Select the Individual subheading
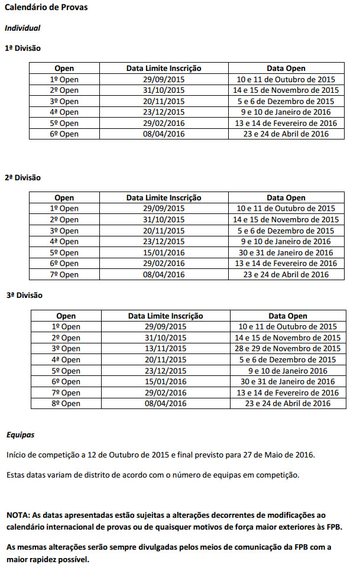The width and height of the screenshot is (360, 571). point(22,28)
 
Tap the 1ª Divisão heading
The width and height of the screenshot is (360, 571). point(22,48)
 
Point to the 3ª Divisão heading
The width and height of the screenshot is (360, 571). point(24,295)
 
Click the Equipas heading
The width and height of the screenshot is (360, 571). point(20,435)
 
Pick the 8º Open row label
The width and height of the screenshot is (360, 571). point(66,404)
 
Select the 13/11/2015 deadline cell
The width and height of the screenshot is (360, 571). point(166,349)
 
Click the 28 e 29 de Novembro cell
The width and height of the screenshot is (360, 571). point(288,349)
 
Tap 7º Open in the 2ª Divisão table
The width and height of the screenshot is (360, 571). point(64,274)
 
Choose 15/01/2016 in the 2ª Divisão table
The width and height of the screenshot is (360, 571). point(164,252)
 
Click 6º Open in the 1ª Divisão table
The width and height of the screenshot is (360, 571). point(64,134)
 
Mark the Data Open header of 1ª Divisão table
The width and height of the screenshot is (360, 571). point(286,69)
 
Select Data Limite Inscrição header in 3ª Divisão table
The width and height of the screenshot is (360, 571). point(166,316)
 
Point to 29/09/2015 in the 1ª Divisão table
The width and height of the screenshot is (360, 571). point(164,79)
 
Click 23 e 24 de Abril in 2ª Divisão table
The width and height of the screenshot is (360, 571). point(286,274)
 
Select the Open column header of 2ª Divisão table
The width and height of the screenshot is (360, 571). point(64,198)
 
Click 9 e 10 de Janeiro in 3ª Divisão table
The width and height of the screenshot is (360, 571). point(288,371)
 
